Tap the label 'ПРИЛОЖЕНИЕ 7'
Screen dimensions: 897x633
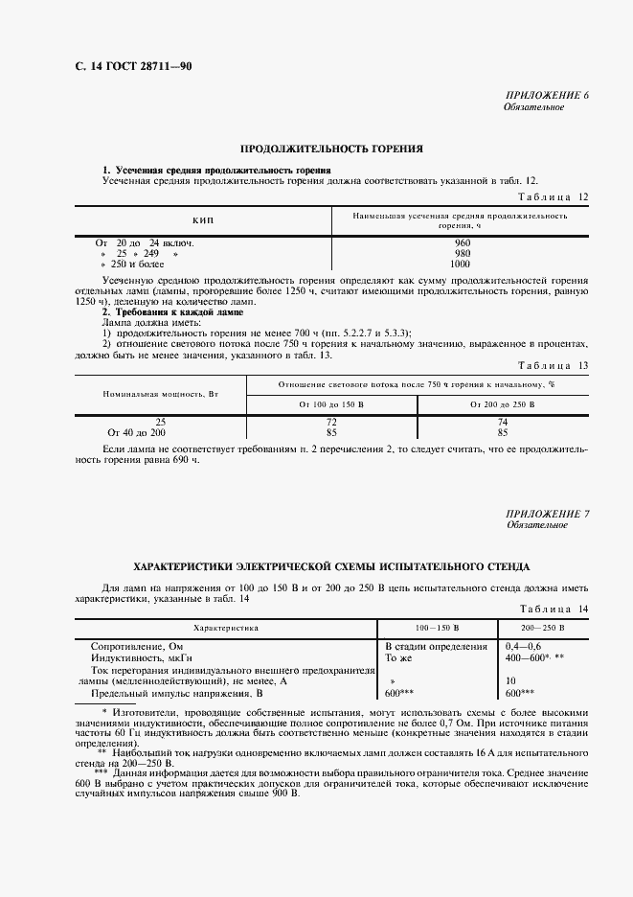coord(547,515)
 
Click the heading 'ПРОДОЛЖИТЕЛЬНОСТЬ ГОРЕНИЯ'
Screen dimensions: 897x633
coord(331,149)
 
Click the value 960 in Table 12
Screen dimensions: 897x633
coord(462,243)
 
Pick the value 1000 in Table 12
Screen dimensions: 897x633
coord(461,264)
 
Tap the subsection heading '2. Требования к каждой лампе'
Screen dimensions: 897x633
coord(172,312)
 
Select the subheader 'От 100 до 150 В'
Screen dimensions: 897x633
coord(331,405)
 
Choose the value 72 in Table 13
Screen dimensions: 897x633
coord(331,422)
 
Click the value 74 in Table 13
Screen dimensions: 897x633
coord(504,422)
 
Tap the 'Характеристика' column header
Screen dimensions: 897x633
coord(227,627)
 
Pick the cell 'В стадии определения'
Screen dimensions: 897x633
coord(436,647)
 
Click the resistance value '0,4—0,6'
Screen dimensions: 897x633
coord(523,647)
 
